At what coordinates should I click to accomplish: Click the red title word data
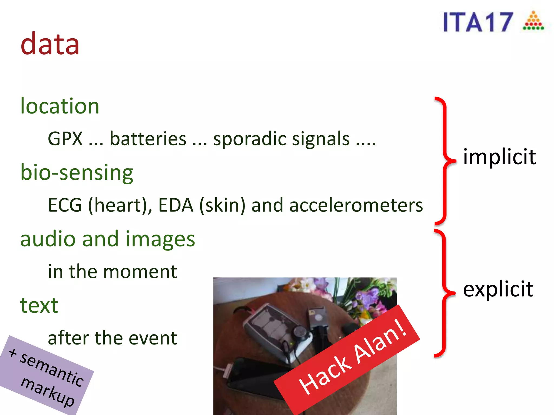(50, 44)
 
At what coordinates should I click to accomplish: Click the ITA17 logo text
(478, 22)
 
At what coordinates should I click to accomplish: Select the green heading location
(60, 106)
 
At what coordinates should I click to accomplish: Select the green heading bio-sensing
(77, 173)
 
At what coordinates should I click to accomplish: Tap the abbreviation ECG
(65, 205)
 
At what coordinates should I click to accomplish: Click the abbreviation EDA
(176, 205)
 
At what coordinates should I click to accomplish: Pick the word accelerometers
(356, 205)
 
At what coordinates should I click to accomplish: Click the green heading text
(39, 306)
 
